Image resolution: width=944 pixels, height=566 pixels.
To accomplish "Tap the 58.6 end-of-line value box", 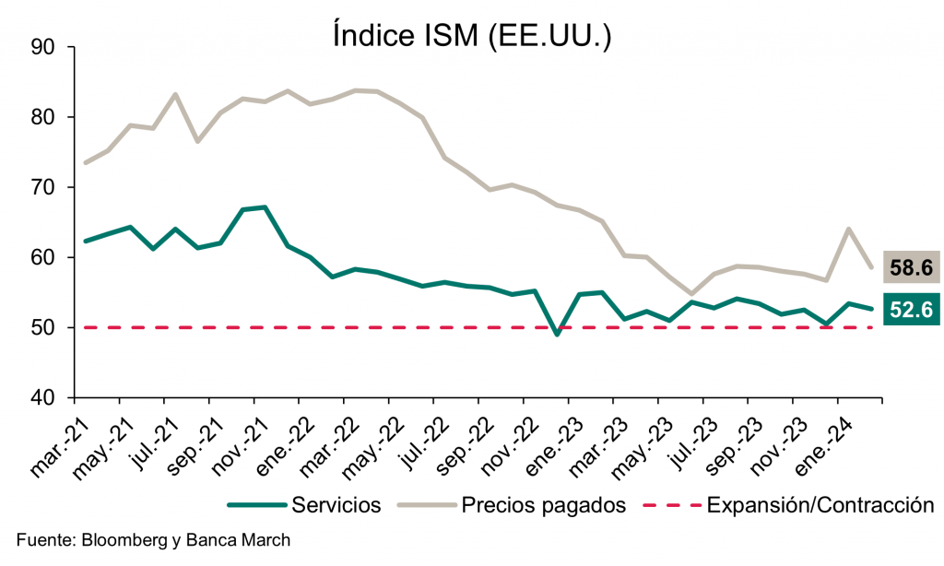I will [x=911, y=268].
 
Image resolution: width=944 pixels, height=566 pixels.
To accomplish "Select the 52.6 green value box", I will [x=911, y=310].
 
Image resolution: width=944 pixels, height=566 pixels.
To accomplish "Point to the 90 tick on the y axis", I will [x=43, y=47].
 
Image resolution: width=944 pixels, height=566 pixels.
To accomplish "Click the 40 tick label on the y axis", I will [x=43, y=397].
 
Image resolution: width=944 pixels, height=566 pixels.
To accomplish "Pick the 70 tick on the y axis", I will [x=43, y=187].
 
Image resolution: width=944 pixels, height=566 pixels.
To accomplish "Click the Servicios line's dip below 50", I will [x=557, y=334].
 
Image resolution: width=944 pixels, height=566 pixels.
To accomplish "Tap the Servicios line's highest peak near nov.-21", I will [x=265, y=207].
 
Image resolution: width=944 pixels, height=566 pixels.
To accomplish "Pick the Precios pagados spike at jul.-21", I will [x=175, y=94].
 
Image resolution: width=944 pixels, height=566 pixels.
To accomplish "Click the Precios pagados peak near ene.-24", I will [x=848, y=229].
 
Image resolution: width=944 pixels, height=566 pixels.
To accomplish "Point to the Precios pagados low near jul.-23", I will [x=691, y=294].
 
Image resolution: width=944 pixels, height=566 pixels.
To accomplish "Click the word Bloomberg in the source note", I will [x=115, y=538].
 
